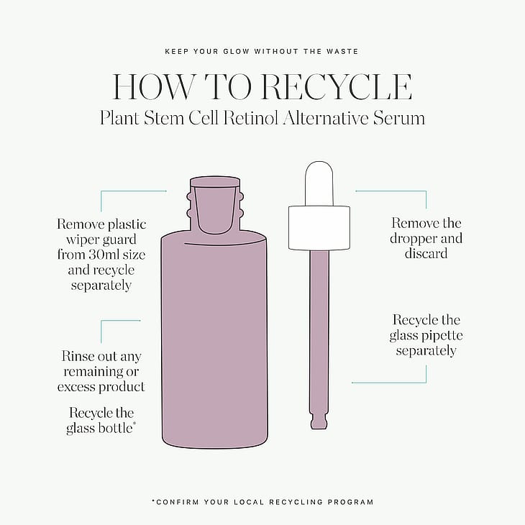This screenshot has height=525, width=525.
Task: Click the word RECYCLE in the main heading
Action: pyautogui.click(x=336, y=87)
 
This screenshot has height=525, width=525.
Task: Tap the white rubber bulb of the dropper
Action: pyautogui.click(x=319, y=183)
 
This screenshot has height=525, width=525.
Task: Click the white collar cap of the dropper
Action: pyautogui.click(x=319, y=228)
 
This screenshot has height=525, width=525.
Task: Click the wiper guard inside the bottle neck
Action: pyautogui.click(x=215, y=208)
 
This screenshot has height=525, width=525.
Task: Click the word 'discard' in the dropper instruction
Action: pyautogui.click(x=426, y=253)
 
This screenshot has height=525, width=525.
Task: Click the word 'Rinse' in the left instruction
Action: pyautogui.click(x=78, y=356)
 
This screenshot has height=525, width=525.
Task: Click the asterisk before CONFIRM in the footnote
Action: pyautogui.click(x=154, y=501)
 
